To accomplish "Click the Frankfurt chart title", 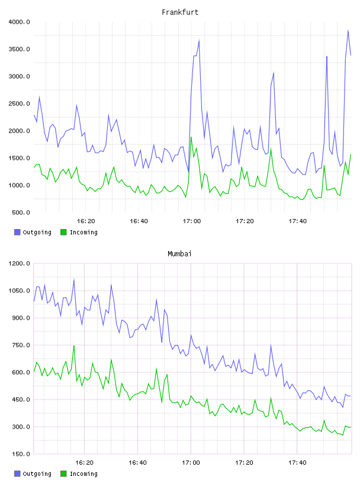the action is (x=180, y=12).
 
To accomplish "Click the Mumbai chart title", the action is (x=179, y=254).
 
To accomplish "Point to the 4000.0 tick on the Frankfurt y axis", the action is (x=19, y=22).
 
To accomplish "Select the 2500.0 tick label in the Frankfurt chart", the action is (x=19, y=104).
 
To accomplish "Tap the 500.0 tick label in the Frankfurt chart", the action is (x=21, y=212).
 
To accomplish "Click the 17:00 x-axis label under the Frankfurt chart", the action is (x=192, y=221).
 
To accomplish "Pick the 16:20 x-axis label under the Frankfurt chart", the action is (x=86, y=221).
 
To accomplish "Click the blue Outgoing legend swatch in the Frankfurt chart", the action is (x=17, y=232).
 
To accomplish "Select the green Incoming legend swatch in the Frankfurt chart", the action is (x=63, y=232).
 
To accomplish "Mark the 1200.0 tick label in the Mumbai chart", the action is (x=19, y=263).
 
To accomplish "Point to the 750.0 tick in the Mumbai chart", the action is (x=21, y=345).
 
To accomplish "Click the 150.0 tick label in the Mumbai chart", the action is (x=21, y=454).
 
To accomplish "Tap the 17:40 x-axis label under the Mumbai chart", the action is (x=297, y=463).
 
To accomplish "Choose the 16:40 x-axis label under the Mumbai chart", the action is (x=138, y=463).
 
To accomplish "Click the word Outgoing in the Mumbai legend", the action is (x=37, y=474).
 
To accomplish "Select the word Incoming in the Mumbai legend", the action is (x=83, y=474).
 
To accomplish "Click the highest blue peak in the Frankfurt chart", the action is (x=348, y=30).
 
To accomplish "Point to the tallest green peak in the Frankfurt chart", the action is (x=191, y=137).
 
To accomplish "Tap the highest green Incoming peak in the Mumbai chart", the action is (x=74, y=346).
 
